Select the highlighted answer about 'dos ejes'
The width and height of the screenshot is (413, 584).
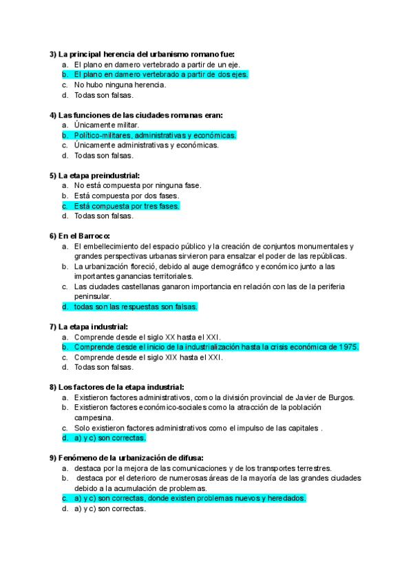pyautogui.click(x=160, y=74)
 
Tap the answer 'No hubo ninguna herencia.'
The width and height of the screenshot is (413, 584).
pyautogui.click(x=120, y=85)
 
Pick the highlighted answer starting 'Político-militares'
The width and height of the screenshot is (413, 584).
pyautogui.click(x=155, y=136)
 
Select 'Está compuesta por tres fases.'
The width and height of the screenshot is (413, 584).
pyautogui.click(x=127, y=206)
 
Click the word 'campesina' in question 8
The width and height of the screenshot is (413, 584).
pyautogui.click(x=94, y=417)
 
